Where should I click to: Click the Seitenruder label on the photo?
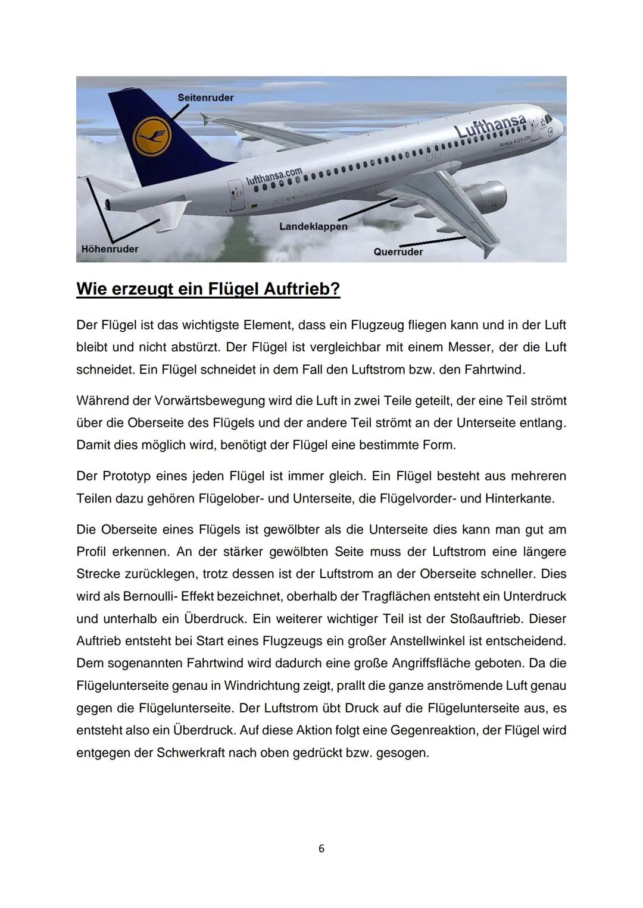(205, 98)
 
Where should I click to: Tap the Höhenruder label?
(110, 249)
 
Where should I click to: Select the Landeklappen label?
(313, 227)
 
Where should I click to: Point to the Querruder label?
(398, 252)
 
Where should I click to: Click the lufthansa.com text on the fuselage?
(274, 176)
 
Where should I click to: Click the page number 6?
(321, 849)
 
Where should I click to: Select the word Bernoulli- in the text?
(145, 596)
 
